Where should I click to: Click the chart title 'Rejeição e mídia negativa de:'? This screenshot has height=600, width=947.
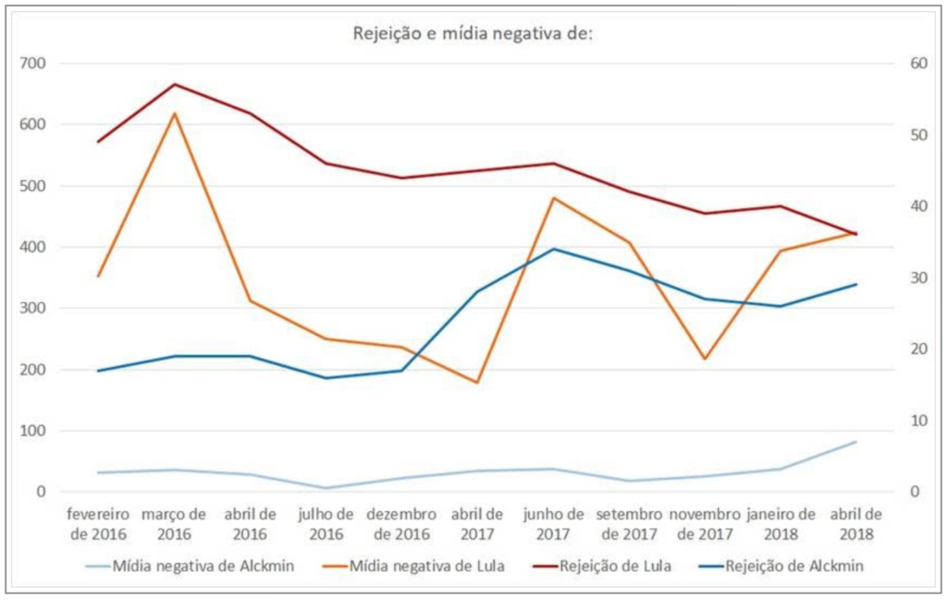point(473,34)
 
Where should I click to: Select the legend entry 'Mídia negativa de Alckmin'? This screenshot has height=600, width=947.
point(203,567)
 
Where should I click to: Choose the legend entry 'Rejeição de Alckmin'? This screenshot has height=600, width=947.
point(794,567)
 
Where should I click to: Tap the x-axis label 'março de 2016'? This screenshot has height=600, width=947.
point(174,523)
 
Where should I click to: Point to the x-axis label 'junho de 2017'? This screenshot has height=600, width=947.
point(553,523)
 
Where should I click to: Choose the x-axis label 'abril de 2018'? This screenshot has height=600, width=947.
point(855,523)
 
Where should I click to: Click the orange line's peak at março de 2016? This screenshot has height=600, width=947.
point(175,113)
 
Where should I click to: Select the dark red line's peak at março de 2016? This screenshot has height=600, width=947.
point(175,84)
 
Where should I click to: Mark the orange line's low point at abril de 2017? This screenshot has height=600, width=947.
point(477,383)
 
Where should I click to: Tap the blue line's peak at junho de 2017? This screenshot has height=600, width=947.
point(553,249)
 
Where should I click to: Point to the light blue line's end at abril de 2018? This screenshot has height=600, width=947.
point(855,442)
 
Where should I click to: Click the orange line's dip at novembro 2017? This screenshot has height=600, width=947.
point(705,359)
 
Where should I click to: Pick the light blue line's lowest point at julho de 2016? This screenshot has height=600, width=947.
point(326,488)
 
